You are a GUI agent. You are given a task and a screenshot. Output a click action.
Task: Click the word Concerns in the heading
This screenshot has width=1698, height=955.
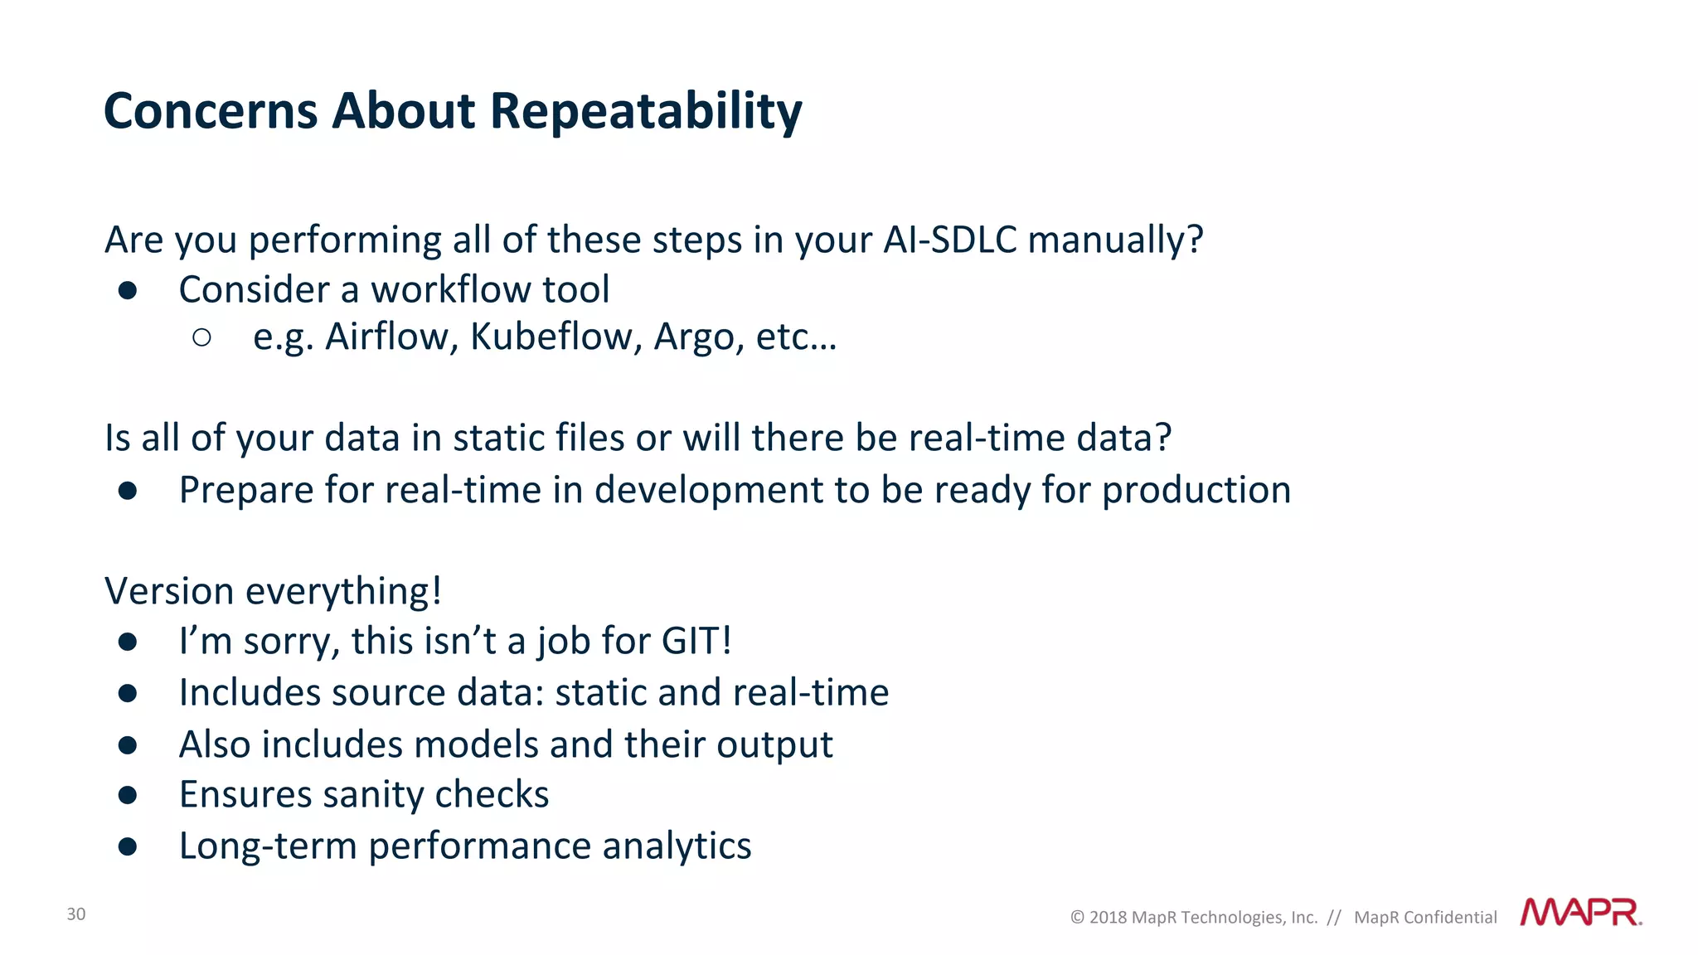click(x=211, y=111)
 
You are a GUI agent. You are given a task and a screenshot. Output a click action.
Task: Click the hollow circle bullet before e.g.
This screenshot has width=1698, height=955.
click(x=201, y=337)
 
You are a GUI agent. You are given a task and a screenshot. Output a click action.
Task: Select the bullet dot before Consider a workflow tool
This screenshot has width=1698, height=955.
click(x=127, y=290)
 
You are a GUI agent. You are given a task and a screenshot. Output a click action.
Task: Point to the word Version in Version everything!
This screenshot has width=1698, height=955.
click(x=169, y=592)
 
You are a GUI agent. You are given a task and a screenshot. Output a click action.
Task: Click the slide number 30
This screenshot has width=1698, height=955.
click(x=76, y=914)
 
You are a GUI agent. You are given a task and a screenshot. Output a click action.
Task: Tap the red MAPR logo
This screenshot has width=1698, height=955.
click(x=1580, y=913)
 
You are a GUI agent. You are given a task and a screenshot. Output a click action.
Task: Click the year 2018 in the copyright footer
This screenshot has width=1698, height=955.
click(x=1108, y=918)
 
